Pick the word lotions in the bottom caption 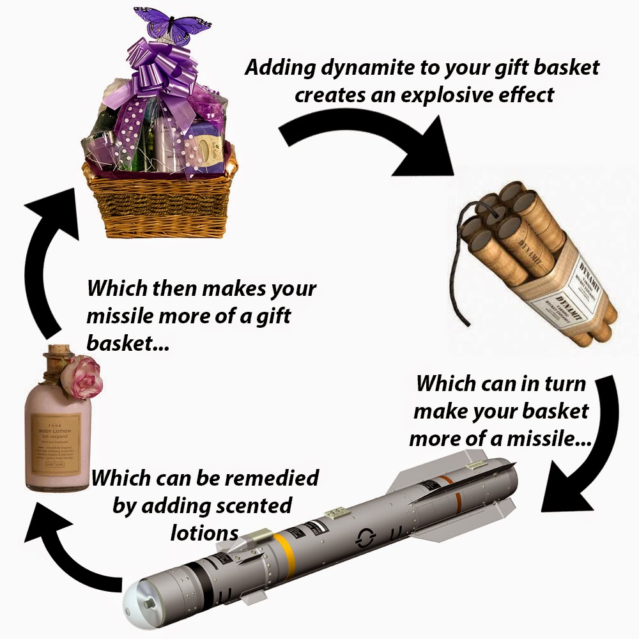coord(204,533)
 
